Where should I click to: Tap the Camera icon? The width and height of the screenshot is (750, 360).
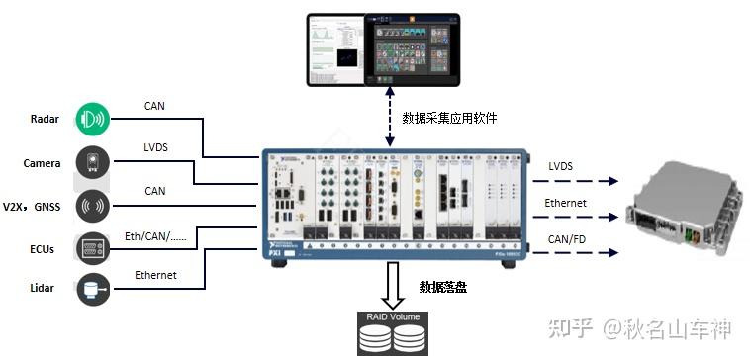pyautogui.click(x=92, y=162)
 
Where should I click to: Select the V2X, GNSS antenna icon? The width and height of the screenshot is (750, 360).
pyautogui.click(x=92, y=205)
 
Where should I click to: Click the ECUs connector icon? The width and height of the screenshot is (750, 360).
pyautogui.click(x=92, y=247)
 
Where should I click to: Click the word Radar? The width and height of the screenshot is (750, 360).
pyautogui.click(x=45, y=120)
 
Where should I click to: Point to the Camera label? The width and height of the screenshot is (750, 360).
pyautogui.click(x=43, y=162)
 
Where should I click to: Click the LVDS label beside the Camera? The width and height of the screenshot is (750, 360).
pyautogui.click(x=155, y=148)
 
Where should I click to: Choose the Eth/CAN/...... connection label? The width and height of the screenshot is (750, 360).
pyautogui.click(x=166, y=234)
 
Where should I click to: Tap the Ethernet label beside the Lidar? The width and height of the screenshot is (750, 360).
pyautogui.click(x=155, y=275)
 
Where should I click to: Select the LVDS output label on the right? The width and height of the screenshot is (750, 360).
pyautogui.click(x=560, y=166)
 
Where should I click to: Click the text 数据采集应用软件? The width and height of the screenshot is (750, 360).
pyautogui.click(x=449, y=118)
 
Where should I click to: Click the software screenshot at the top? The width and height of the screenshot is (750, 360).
pyautogui.click(x=383, y=48)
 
